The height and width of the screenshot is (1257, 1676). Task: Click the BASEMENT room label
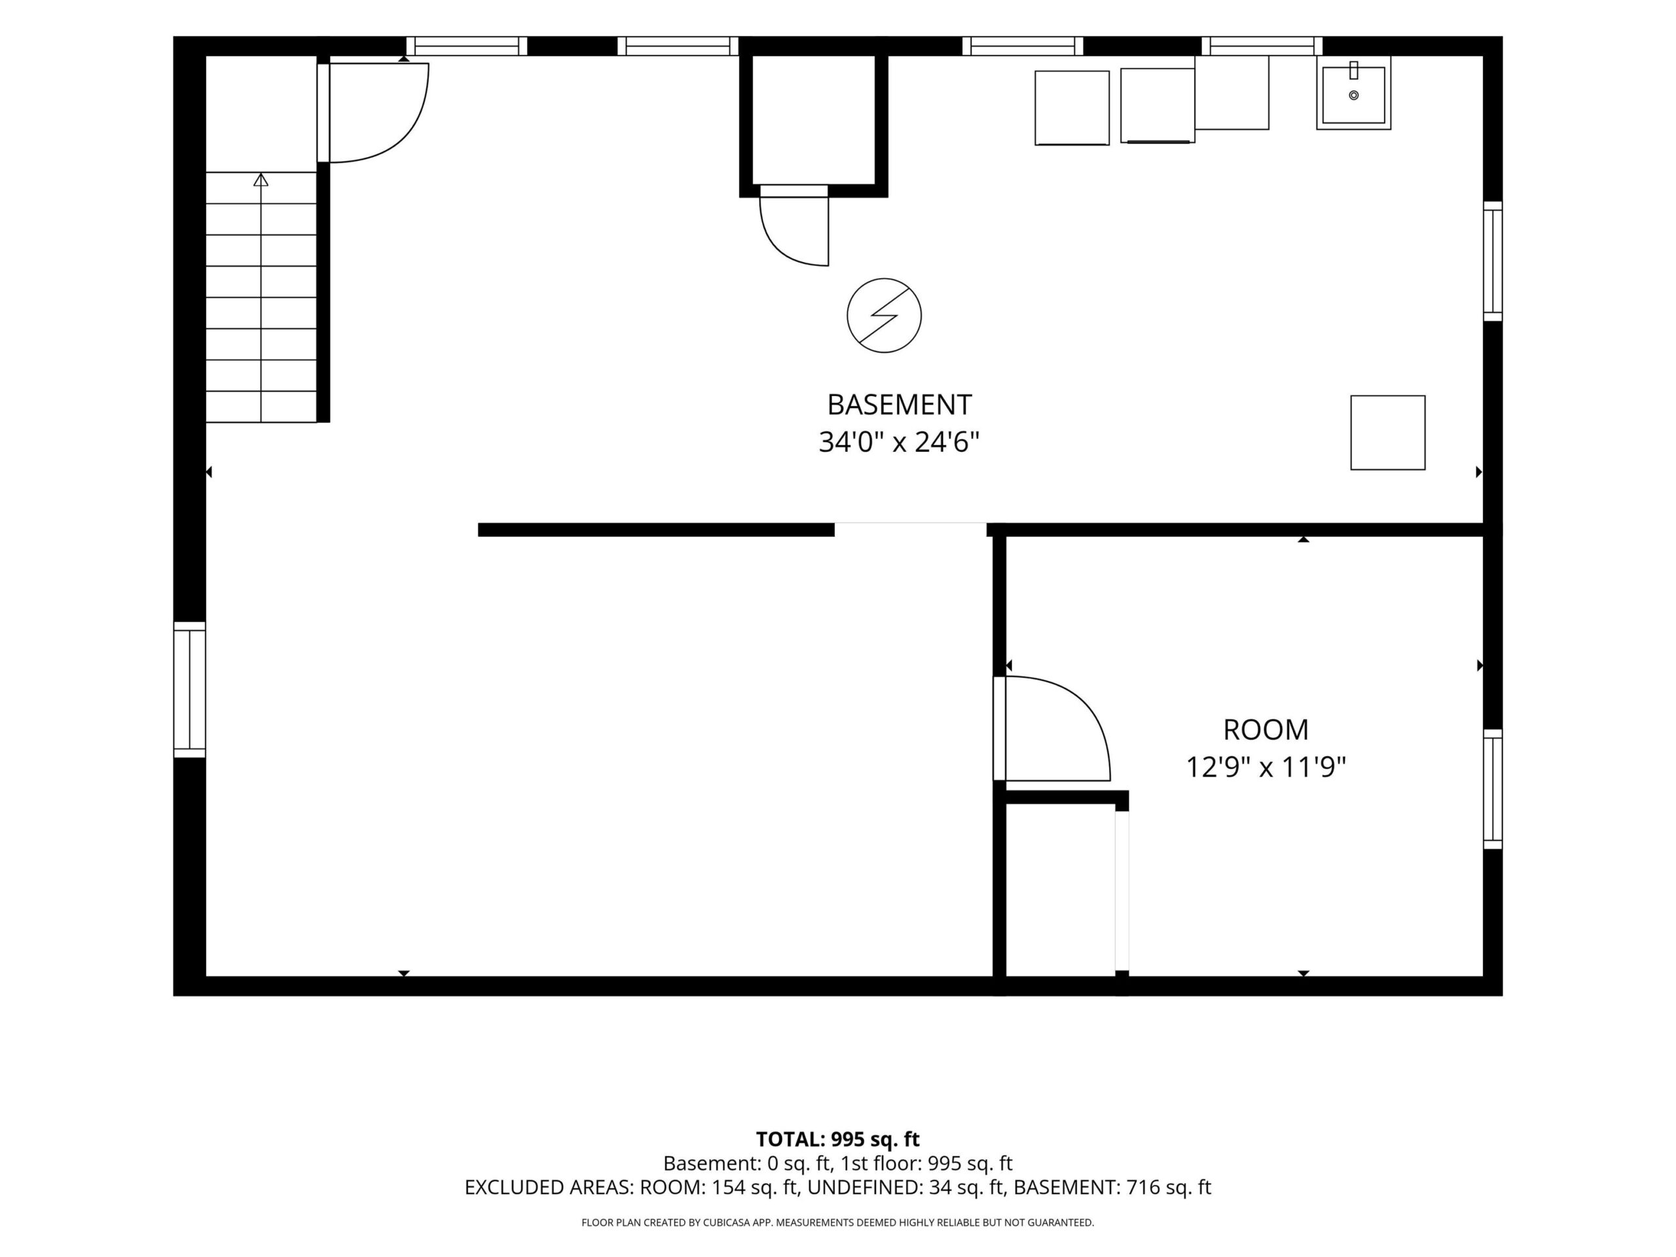pos(899,405)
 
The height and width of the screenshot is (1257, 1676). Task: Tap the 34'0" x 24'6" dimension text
pos(899,442)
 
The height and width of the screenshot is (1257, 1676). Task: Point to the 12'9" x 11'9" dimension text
pos(1266,767)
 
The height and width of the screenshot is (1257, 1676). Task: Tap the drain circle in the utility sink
pos(1353,96)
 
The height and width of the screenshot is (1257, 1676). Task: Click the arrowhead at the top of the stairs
pos(261,179)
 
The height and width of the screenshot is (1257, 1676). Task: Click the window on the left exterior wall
pos(189,689)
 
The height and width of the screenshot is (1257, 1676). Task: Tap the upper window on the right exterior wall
pos(1492,261)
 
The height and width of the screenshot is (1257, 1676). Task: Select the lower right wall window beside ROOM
pos(1492,789)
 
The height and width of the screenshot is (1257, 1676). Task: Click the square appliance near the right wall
pos(1387,433)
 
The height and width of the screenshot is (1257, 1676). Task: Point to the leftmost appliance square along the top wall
pos(1072,107)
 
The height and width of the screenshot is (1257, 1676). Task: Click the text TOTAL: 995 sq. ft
pos(837,1139)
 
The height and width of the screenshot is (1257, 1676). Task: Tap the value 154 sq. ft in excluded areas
pos(755,1188)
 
